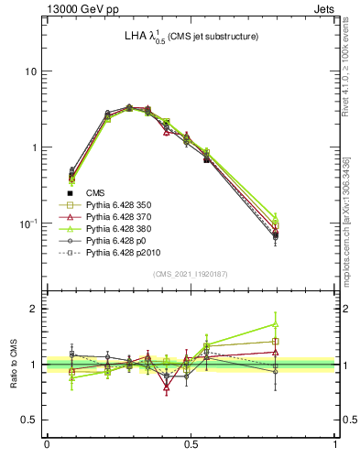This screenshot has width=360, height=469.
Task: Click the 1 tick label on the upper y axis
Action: (33, 147)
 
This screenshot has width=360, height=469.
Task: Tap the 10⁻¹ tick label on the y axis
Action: (27, 223)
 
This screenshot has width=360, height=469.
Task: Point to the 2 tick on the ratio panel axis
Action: (33, 309)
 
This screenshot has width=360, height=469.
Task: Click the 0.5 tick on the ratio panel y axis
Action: (28, 420)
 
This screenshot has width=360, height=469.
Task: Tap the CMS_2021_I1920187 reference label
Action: (191, 274)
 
